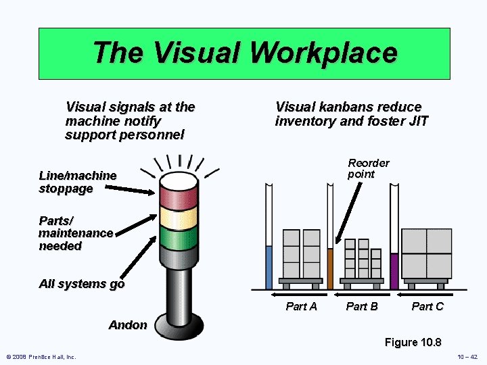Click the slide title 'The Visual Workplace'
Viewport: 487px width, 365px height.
pyautogui.click(x=244, y=53)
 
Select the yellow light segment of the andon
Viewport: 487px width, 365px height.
pyautogui.click(x=179, y=216)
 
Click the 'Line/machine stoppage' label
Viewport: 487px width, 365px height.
pyautogui.click(x=77, y=182)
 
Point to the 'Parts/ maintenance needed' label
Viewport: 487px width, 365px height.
pyautogui.click(x=76, y=233)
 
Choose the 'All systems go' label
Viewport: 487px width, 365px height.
pyautogui.click(x=82, y=284)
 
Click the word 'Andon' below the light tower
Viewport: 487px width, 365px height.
pyautogui.click(x=128, y=325)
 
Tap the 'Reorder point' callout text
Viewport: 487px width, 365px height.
pyautogui.click(x=369, y=168)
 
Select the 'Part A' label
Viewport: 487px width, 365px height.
pyautogui.click(x=301, y=306)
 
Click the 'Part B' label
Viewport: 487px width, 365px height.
pyautogui.click(x=362, y=306)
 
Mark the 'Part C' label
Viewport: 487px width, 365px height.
pyautogui.click(x=427, y=306)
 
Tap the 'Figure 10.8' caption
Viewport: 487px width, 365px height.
pyautogui.click(x=413, y=342)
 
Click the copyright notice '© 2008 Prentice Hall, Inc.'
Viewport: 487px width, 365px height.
pyautogui.click(x=41, y=356)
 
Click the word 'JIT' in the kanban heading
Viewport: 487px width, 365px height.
pyautogui.click(x=418, y=122)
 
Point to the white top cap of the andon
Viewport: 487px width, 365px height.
pyautogui.click(x=179, y=179)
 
